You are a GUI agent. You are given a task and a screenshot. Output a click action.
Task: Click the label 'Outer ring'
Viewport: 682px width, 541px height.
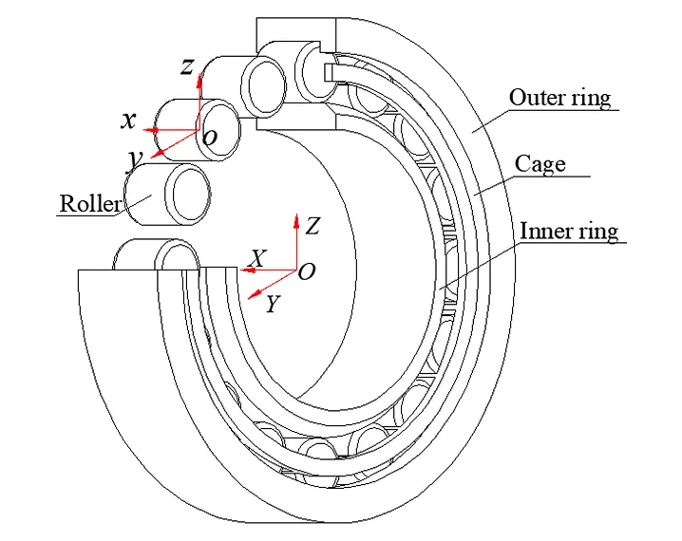point(559,97)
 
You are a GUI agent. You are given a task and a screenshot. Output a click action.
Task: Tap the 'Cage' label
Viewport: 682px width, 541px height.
point(540,163)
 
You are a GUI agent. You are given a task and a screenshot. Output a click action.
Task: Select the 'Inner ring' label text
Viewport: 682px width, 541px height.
point(569,231)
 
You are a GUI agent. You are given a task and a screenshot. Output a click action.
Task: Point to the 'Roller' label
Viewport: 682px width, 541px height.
point(89,203)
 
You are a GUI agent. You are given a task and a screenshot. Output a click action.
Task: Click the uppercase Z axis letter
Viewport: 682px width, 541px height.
point(313,226)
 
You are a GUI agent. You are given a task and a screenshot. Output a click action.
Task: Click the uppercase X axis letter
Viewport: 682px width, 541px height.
point(256,258)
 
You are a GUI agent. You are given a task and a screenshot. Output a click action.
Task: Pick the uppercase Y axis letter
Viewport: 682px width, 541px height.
point(272,305)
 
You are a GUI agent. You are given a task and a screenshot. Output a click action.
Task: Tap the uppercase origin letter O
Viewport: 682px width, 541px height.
point(307,272)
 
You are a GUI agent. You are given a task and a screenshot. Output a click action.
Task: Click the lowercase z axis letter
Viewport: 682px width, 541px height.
point(188,65)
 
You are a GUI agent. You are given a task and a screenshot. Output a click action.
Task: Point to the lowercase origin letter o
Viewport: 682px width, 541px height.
point(210,139)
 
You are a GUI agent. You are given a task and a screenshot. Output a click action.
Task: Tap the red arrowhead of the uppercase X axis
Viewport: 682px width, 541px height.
point(244,270)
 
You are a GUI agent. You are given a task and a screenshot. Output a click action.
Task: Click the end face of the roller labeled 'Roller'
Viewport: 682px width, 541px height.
point(188,193)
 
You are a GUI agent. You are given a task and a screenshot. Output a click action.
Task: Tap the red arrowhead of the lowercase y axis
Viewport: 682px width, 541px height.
point(156,154)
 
